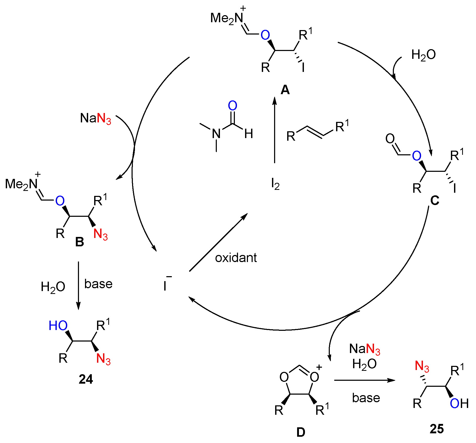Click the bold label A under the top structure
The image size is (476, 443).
(285, 90)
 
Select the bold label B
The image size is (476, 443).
(80, 242)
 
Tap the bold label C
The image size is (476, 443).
(435, 201)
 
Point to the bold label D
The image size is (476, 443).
(301, 432)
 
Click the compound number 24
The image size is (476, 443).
(86, 379)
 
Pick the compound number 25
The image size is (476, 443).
(437, 429)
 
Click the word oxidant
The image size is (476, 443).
(236, 258)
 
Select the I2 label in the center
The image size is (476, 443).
(275, 184)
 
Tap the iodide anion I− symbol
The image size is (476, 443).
(166, 285)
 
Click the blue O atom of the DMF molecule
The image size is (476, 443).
(232, 106)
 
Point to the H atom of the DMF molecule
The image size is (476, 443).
(248, 134)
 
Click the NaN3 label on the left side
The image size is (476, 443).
(96, 118)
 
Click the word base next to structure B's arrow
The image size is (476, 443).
(98, 284)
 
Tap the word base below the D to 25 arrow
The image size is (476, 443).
(366, 398)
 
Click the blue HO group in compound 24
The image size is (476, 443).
(58, 326)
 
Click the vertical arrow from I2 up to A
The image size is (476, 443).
(275, 131)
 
